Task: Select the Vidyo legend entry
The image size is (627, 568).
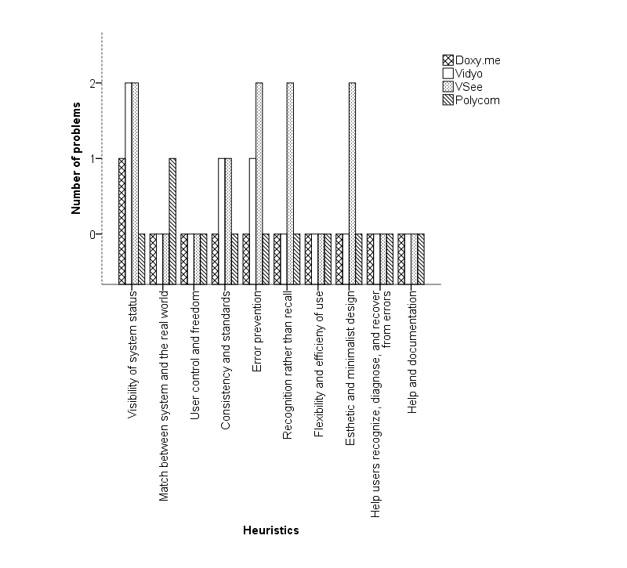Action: (469, 74)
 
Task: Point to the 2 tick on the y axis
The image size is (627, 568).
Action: (92, 84)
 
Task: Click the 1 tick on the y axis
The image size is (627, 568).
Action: (92, 159)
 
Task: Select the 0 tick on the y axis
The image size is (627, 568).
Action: (92, 234)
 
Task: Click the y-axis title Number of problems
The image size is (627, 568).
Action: (77, 157)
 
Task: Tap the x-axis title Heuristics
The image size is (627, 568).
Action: (270, 530)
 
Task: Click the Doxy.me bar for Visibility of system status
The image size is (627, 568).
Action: (122, 221)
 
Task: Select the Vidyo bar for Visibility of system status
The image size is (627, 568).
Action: (129, 183)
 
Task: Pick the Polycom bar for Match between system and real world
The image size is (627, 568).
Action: (172, 221)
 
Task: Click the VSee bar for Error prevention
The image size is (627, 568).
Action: (259, 183)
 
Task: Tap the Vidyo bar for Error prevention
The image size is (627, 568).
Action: (252, 221)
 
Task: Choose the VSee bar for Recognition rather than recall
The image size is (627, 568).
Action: (290, 183)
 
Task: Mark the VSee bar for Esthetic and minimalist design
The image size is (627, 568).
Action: (352, 183)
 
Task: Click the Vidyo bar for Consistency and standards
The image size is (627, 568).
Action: (222, 221)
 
